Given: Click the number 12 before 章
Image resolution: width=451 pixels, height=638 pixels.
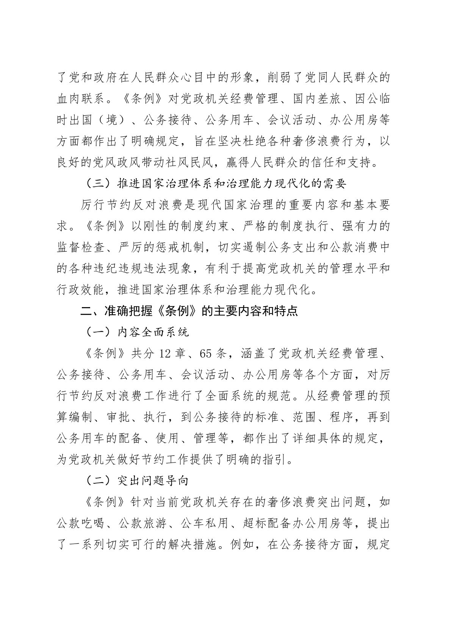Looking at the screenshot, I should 166,354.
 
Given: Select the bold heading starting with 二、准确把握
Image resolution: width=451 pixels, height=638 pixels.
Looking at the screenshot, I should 189,311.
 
